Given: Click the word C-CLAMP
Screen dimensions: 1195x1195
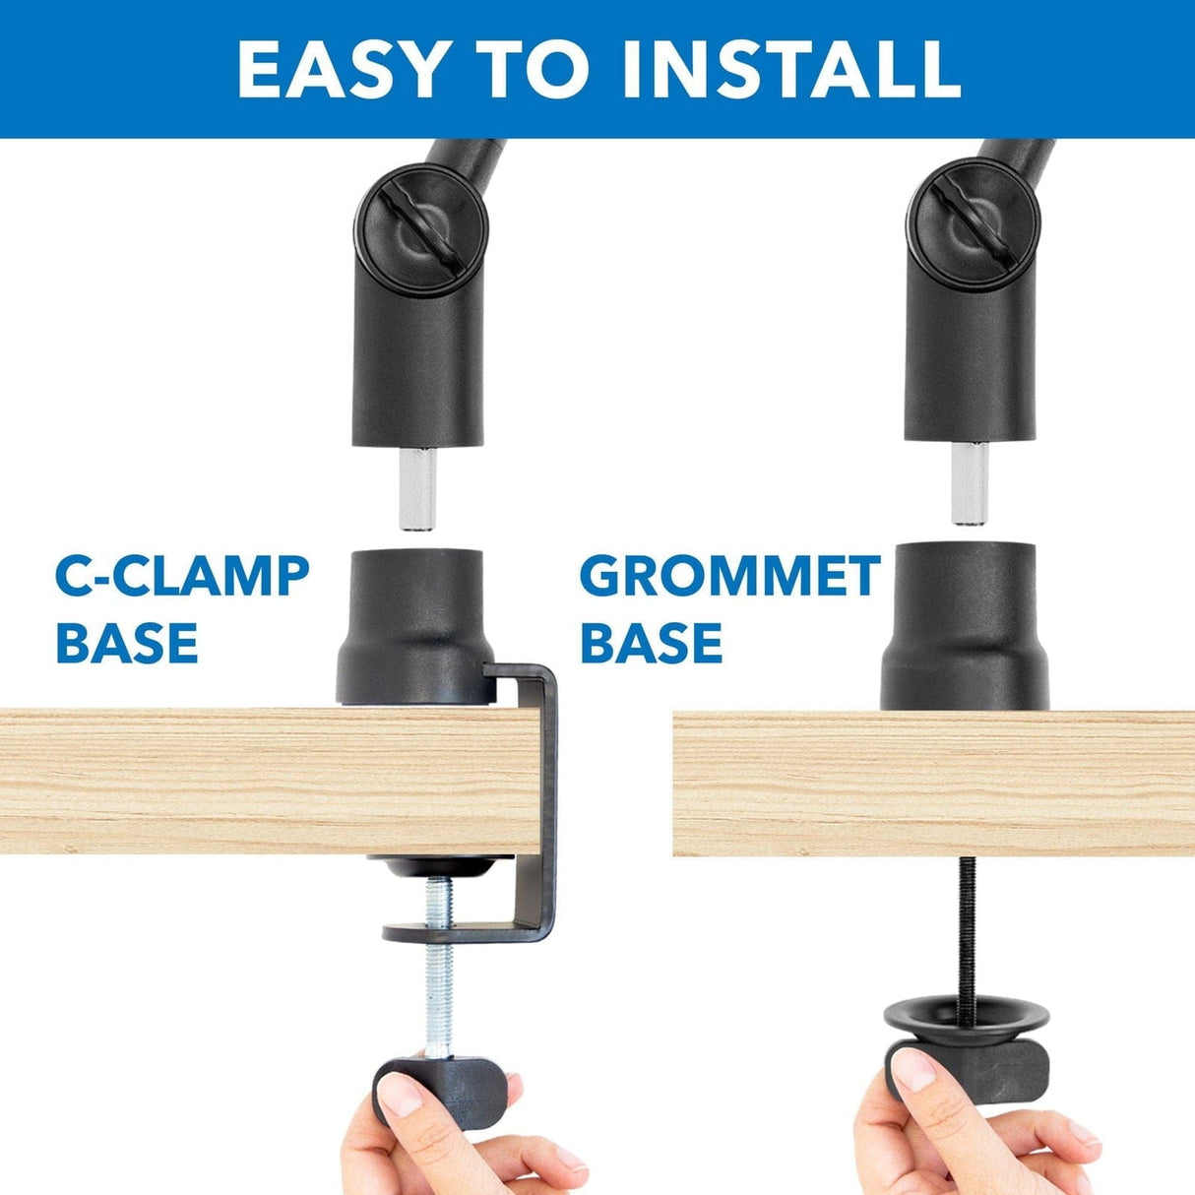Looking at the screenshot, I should click(x=182, y=577).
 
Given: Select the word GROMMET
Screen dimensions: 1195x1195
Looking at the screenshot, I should click(x=729, y=577).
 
